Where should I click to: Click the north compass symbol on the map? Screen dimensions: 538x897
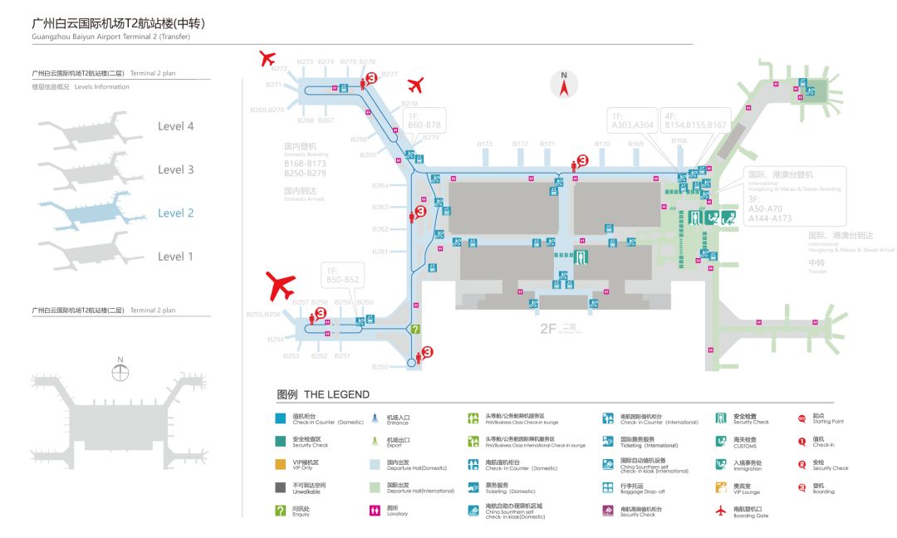[x=564, y=85]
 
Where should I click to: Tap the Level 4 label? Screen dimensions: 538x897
[x=176, y=126]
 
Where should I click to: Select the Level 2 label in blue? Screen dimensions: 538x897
[x=176, y=213]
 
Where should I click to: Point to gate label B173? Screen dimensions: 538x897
[x=485, y=144]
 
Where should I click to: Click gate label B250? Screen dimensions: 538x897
[x=380, y=367]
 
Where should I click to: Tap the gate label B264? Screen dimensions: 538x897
[x=380, y=185]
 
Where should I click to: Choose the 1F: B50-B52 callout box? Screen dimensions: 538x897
[x=342, y=276]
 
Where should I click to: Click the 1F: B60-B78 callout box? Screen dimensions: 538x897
[x=424, y=120]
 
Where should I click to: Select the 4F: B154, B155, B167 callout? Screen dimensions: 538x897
[x=695, y=120]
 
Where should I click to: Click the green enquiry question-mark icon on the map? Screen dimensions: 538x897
[x=416, y=330]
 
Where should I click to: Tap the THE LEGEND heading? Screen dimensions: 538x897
[x=323, y=394]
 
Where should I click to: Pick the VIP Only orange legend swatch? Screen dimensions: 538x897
[x=281, y=464]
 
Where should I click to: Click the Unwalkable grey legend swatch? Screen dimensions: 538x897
[x=281, y=487]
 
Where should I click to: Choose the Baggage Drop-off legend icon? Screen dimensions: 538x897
[x=608, y=487]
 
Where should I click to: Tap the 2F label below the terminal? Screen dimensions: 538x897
[x=548, y=329]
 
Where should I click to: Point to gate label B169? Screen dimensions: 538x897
[x=635, y=144]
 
